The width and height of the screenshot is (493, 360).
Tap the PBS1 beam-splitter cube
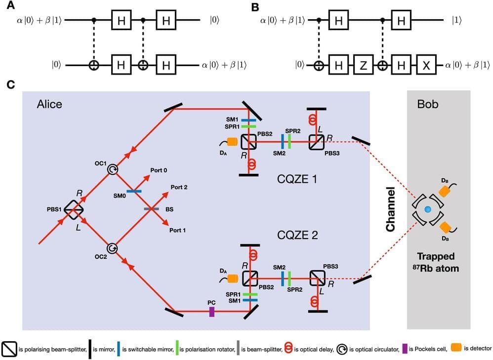click(x=74, y=209)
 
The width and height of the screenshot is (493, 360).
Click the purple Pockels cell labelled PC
click(x=211, y=312)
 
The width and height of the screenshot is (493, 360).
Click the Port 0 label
click(x=159, y=170)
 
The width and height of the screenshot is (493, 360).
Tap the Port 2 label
click(x=179, y=187)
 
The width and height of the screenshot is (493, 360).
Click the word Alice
click(x=49, y=105)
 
